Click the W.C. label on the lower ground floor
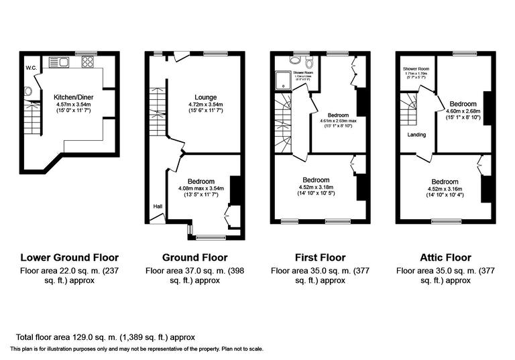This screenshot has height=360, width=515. pos(31,68)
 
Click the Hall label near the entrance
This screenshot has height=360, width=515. pos(158,206)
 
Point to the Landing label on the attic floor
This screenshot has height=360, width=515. pos(416,134)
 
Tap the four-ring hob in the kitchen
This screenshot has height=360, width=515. pos(87,62)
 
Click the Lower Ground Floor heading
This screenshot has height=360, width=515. pos(70,257)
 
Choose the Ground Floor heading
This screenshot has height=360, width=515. pos(195,257)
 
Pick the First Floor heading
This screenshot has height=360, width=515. pos(320,257)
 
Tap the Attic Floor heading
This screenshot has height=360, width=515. pos(445,257)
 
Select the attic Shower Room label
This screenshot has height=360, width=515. pos(416,68)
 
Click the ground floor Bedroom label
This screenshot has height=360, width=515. pos(201,181)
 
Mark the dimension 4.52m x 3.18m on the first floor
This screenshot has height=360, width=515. pos(315,188)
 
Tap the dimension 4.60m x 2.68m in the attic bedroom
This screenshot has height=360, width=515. pos(463,111)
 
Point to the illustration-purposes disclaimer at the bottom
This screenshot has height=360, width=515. pos(136,349)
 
